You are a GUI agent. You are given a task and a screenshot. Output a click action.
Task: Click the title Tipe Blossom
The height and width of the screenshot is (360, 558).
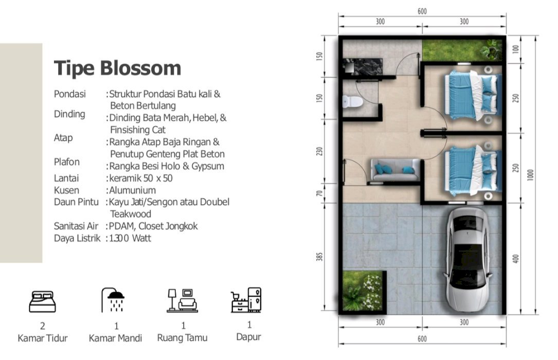pyautogui.click(x=117, y=68)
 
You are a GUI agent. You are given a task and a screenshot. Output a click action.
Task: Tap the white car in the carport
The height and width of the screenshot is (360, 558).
pyautogui.click(x=467, y=260)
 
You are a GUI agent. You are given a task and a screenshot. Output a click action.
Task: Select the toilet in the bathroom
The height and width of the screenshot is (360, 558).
pyautogui.click(x=352, y=102)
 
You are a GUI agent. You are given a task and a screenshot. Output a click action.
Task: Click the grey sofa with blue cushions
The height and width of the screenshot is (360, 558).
pyautogui.click(x=395, y=170)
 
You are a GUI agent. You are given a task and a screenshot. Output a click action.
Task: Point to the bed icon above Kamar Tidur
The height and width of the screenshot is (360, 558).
pyautogui.click(x=42, y=302)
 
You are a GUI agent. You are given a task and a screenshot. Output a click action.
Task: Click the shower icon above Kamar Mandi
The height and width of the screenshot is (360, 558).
pyautogui.click(x=113, y=300)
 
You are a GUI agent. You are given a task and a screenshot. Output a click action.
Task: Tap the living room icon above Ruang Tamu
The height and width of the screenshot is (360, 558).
pyautogui.click(x=182, y=300)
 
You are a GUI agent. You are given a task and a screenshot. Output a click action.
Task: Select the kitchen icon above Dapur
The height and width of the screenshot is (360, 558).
pyautogui.click(x=246, y=300)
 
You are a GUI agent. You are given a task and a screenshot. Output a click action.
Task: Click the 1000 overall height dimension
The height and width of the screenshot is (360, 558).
pyautogui.click(x=530, y=175)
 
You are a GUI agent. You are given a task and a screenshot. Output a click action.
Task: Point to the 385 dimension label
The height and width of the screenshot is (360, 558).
pyautogui.click(x=319, y=257)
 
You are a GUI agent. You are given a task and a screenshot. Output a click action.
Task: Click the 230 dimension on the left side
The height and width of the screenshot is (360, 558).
pyautogui.click(x=319, y=151)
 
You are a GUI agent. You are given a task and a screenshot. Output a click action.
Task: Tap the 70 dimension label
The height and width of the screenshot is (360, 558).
pyautogui.click(x=319, y=193)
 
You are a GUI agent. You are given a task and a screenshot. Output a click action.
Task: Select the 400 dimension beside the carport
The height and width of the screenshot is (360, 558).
pyautogui.click(x=516, y=259)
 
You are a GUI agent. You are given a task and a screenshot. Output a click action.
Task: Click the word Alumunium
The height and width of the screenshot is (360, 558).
pyautogui.click(x=132, y=190)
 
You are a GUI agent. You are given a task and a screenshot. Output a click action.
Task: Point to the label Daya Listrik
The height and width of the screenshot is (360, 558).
pyautogui.click(x=77, y=238)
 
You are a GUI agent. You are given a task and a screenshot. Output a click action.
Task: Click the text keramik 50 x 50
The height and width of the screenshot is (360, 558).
pyautogui.click(x=141, y=178)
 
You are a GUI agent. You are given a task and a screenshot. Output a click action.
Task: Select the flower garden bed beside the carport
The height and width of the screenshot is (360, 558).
pyautogui.click(x=364, y=291)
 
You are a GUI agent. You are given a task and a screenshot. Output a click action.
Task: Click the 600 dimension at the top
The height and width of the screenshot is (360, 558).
pyautogui.click(x=422, y=11)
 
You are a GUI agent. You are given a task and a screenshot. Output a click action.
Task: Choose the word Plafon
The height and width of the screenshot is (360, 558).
pyautogui.click(x=66, y=162)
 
